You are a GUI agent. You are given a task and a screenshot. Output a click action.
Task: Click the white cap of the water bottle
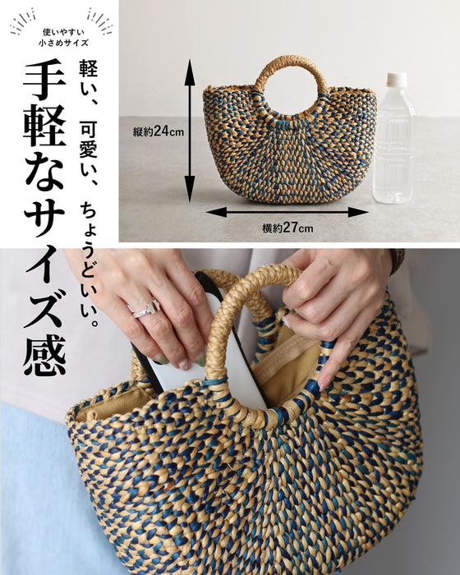(x=397, y=80)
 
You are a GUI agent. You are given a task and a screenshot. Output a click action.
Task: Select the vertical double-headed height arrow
(x=189, y=131)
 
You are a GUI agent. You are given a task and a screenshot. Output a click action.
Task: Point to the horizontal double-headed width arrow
(x=287, y=212)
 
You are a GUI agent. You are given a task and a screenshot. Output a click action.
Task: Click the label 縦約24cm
(x=158, y=131)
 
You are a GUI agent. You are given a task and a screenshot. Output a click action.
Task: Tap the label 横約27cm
(x=287, y=228)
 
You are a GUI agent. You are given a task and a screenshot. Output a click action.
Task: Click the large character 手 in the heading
(x=45, y=79)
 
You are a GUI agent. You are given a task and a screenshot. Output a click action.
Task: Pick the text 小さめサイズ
(x=63, y=43)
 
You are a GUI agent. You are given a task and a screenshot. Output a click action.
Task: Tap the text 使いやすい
(x=63, y=32)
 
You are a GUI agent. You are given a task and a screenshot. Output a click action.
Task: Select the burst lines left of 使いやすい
(x=23, y=23)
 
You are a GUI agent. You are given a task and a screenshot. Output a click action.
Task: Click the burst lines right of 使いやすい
(x=99, y=21)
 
